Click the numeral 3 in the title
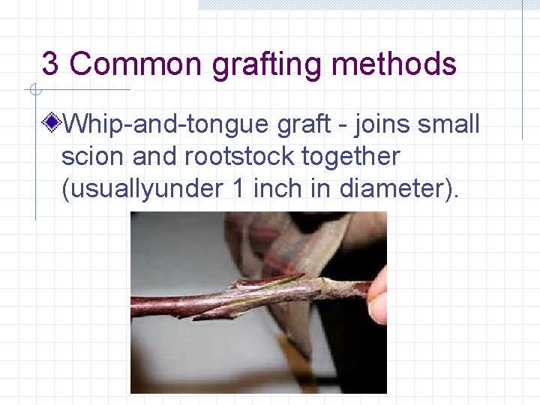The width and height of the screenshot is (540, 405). click(x=50, y=64)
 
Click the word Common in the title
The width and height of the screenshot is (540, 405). click(x=136, y=64)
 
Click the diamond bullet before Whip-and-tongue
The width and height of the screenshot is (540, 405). click(x=52, y=123)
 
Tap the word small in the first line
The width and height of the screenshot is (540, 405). click(x=448, y=124)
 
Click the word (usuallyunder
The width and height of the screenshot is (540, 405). click(x=139, y=190)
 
